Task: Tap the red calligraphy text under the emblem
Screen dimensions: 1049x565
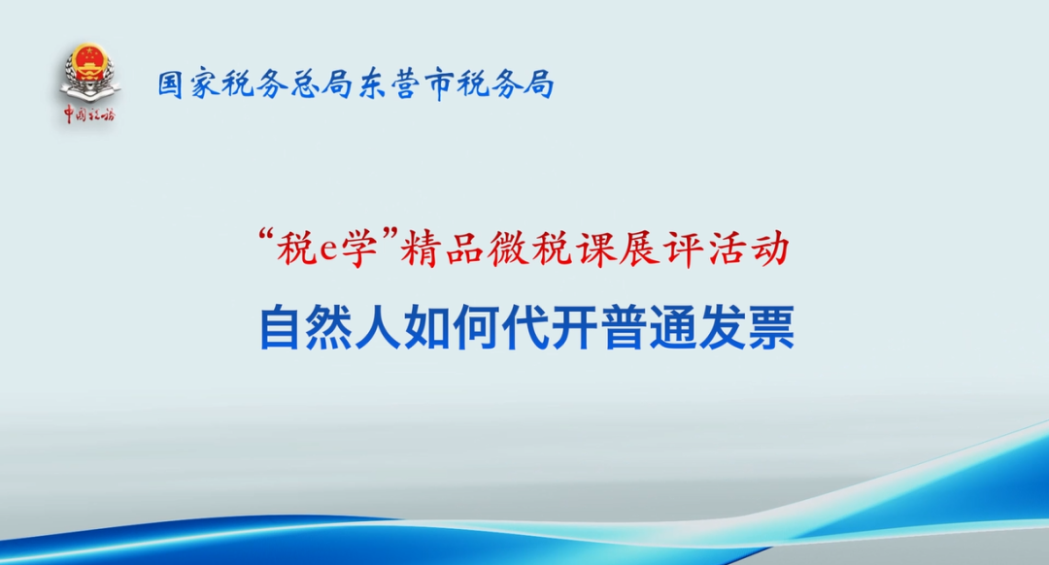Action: click(89, 115)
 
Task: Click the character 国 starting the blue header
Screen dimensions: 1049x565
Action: click(171, 85)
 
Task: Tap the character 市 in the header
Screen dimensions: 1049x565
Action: click(440, 85)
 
